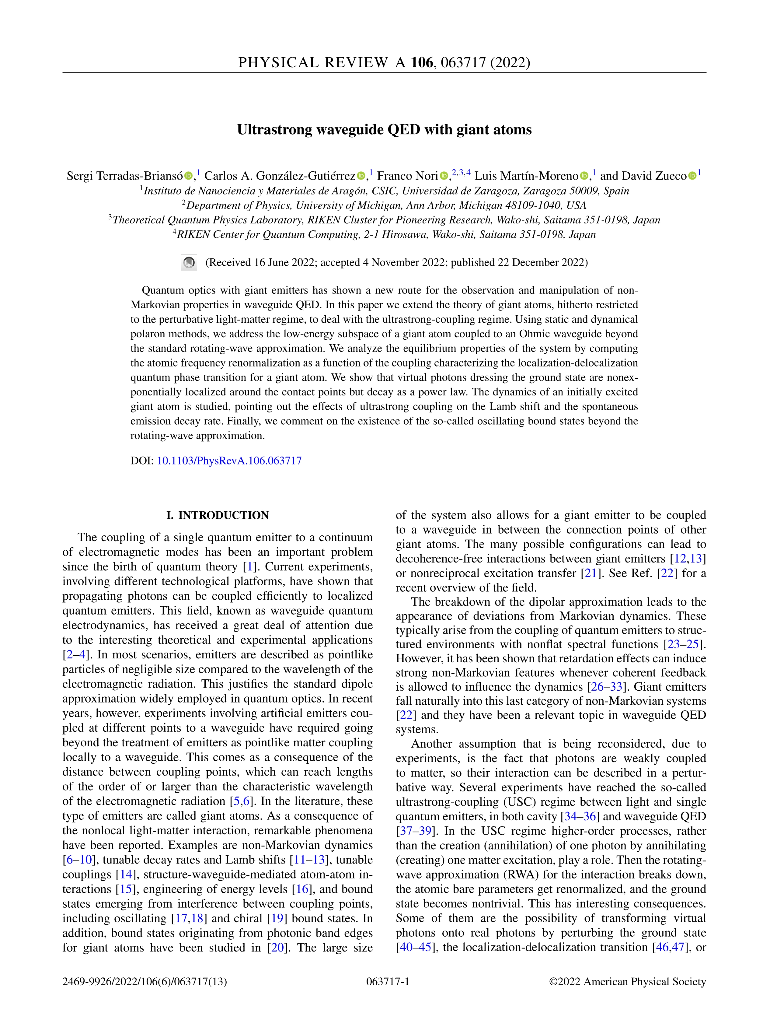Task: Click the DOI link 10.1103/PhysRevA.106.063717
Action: (229, 461)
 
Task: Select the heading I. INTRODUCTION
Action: (218, 515)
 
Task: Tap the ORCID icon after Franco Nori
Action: (444, 176)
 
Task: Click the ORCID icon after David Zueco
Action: (692, 176)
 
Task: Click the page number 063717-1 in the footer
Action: (388, 982)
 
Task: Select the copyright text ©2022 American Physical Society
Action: (627, 982)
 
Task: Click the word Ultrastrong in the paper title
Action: (275, 130)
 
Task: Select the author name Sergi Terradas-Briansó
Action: (124, 176)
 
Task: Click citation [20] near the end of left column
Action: (277, 948)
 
